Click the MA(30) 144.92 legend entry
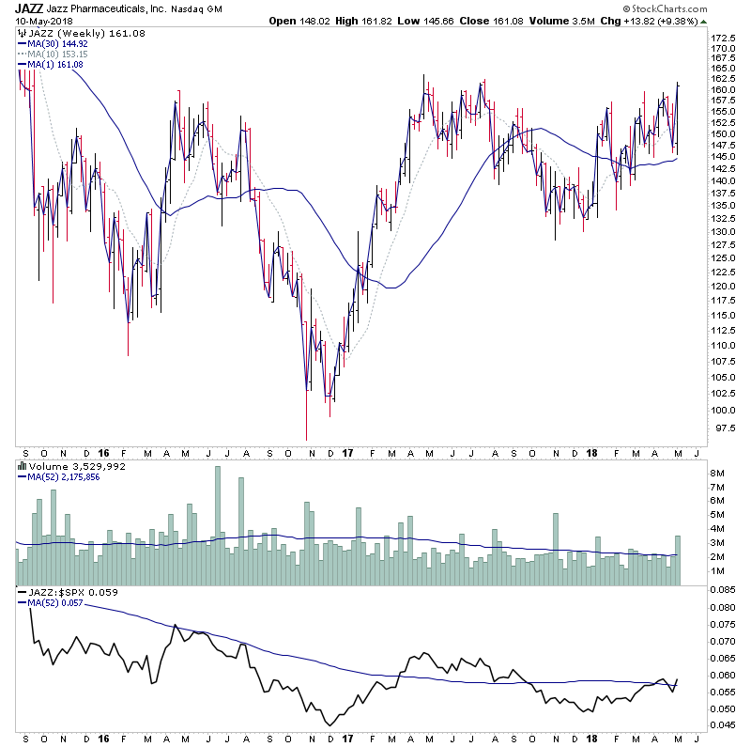click(54, 42)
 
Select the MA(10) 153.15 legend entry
click(54, 54)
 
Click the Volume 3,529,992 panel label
click(63, 466)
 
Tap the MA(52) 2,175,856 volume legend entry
click(67, 477)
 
